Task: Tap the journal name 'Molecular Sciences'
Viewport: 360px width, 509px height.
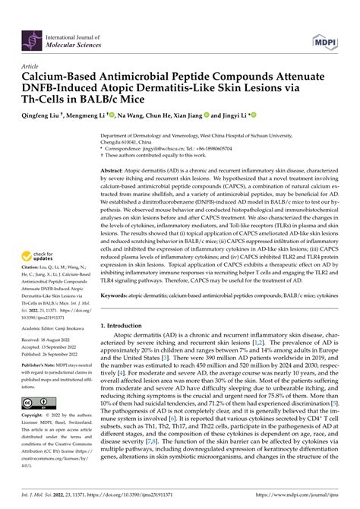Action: pyautogui.click(x=77, y=43)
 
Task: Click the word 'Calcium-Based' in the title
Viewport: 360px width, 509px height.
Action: pyautogui.click(x=61, y=77)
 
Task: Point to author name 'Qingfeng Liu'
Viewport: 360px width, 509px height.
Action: pyautogui.click(x=47, y=115)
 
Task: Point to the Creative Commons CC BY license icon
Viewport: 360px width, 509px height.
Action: pyautogui.click(x=36, y=423)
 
